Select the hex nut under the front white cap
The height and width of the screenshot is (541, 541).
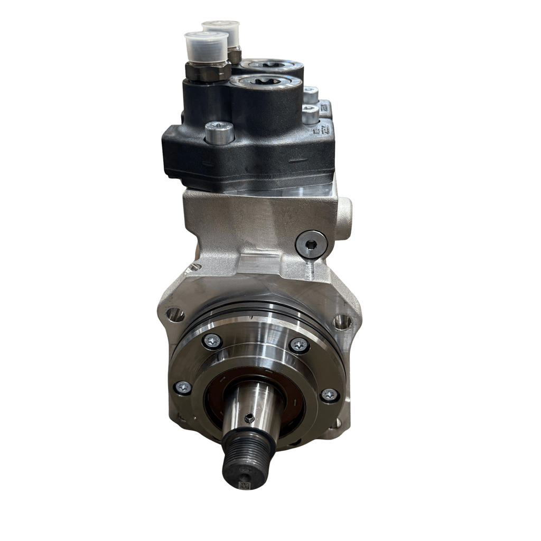click(x=207, y=71)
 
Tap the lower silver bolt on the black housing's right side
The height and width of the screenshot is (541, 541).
click(x=310, y=112)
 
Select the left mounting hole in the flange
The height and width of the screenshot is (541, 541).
click(x=175, y=315)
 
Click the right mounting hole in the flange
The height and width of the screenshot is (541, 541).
click(x=342, y=321)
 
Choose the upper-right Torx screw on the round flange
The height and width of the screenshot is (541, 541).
click(x=300, y=345)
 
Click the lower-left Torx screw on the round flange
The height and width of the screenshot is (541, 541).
click(x=183, y=387)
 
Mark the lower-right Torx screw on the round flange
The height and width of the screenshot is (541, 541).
click(x=329, y=395)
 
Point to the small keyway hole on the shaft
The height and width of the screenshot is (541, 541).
click(x=249, y=418)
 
